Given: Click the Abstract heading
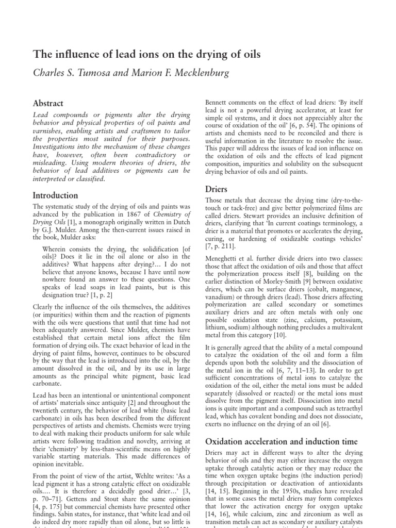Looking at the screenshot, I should coord(48,103).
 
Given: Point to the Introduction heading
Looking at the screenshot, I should coord(56,195).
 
